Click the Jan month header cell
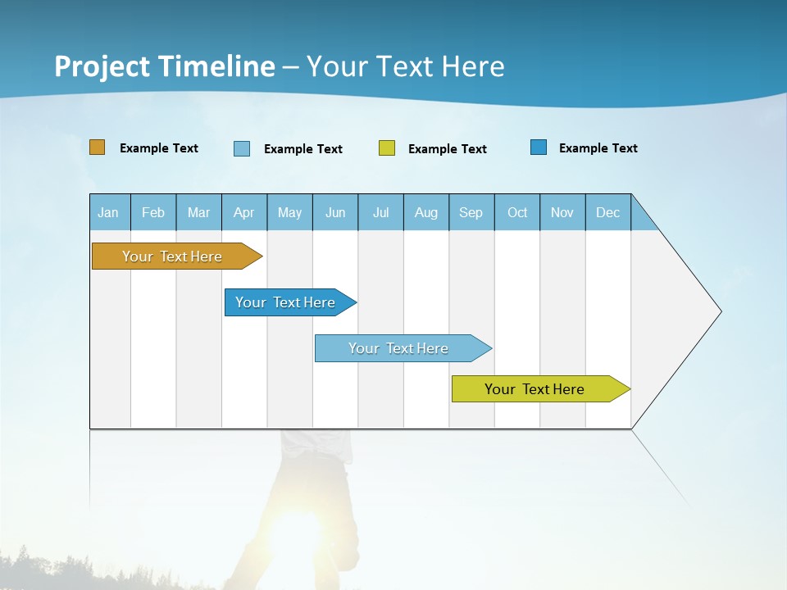(109, 212)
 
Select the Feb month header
(153, 212)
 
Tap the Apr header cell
(244, 212)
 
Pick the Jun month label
(335, 212)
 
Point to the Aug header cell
(426, 212)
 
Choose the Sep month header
(471, 212)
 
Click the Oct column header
(517, 212)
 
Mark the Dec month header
(608, 212)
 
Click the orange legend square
(98, 147)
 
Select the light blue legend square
(242, 148)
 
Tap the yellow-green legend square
(387, 148)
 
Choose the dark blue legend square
(539, 147)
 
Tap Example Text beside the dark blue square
(598, 148)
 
